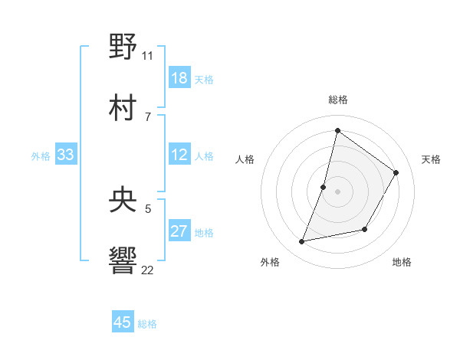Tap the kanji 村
tap(123, 106)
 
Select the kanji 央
tap(123, 199)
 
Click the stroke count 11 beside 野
tap(148, 55)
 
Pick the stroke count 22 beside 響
tap(148, 270)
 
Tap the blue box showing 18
tap(179, 78)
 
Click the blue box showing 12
tap(179, 155)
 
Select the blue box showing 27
tap(179, 231)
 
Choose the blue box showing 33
tap(66, 155)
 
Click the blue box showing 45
tap(123, 322)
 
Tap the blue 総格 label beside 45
tap(148, 324)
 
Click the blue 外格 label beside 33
tap(41, 156)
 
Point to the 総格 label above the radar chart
tap(338, 100)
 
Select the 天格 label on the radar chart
tap(432, 159)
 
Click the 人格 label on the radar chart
tap(245, 159)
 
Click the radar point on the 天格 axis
tap(396, 173)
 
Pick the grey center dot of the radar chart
tap(337, 191)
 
